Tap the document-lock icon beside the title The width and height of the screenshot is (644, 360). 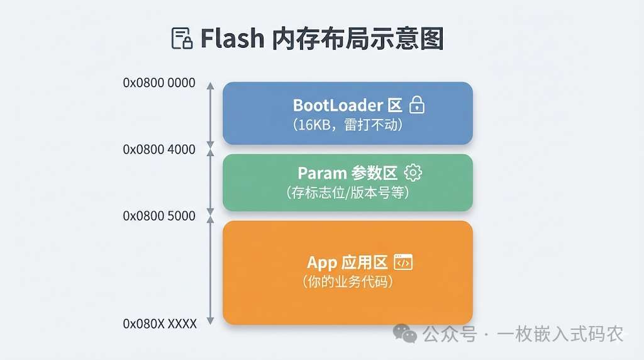tap(182, 38)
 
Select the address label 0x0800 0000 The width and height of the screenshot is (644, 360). tap(159, 83)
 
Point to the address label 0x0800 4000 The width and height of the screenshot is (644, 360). tap(159, 149)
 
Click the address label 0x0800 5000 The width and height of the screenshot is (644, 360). tap(159, 216)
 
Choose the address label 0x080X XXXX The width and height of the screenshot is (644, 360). tap(160, 324)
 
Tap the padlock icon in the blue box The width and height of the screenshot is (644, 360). tap(417, 105)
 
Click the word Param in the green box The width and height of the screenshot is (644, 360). tap(323, 173)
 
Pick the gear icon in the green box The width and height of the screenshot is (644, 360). tap(413, 172)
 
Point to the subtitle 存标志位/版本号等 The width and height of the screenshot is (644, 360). tap(348, 193)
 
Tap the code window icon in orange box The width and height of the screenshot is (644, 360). tap(403, 262)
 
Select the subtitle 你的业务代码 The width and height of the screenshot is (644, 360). tap(348, 282)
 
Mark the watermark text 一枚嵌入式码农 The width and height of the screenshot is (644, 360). tap(560, 334)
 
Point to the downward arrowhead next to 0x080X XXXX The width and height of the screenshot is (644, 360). tap(210, 321)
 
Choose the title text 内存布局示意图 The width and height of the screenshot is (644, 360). tap(358, 38)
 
